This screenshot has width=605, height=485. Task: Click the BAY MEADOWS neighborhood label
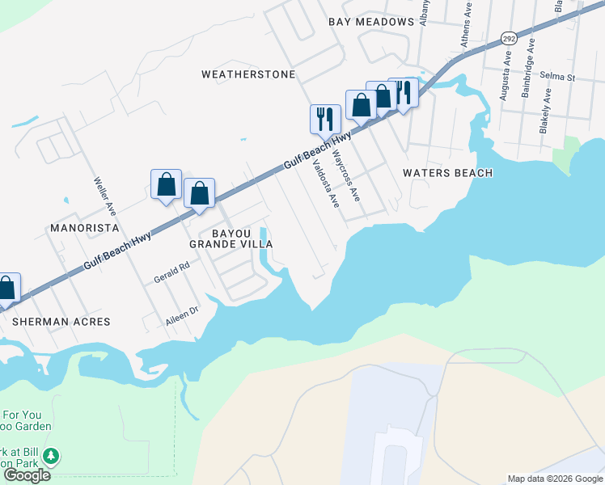371,22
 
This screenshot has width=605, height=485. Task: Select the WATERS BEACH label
447,173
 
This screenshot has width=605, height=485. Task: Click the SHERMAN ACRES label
61,321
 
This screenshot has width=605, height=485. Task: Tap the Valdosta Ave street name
325,183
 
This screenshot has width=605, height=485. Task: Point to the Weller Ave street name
105,196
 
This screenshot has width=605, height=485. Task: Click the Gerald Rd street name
171,272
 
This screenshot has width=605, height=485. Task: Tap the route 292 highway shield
508,38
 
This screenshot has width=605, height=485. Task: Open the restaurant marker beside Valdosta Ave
324,118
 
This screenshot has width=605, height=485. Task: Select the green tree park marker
51,457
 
